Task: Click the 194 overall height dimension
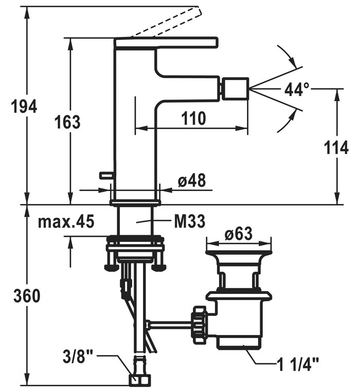(x=24, y=107)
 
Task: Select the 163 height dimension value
(x=67, y=122)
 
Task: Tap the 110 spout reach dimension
(x=193, y=119)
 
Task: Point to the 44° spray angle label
(x=297, y=90)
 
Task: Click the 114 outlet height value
(x=337, y=148)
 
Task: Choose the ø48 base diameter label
(x=191, y=181)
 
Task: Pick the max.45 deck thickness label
(x=66, y=222)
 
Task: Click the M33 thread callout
(x=189, y=221)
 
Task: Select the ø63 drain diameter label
(x=238, y=234)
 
